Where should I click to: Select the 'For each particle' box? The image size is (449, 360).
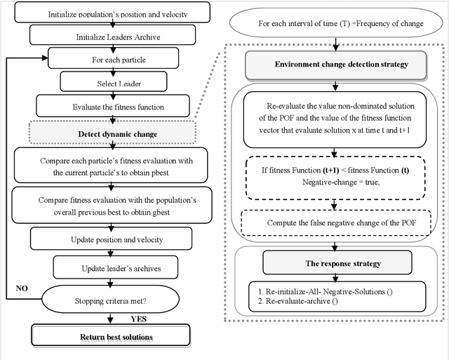(118, 60)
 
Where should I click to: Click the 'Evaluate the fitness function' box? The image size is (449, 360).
(118, 107)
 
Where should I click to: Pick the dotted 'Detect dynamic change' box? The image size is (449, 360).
(118, 132)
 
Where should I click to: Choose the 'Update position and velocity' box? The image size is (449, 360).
(118, 240)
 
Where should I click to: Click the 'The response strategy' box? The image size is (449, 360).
(334, 264)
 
